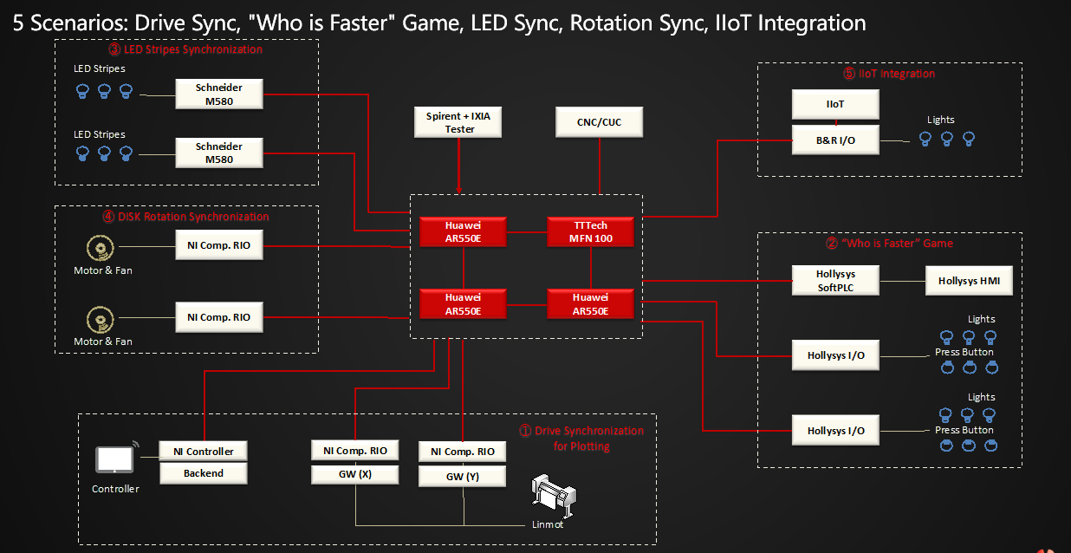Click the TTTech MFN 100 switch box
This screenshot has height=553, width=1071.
coord(590,232)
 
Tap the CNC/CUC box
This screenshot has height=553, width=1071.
coord(600,122)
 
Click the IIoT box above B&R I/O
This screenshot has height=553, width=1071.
coord(835,104)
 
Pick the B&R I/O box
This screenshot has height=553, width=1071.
coord(835,140)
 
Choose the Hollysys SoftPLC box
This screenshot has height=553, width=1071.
coord(835,281)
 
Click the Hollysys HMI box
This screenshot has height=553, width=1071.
coord(968,281)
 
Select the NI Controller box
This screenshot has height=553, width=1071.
coord(204,451)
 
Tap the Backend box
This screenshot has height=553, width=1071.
coord(204,473)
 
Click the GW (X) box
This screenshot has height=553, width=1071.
coord(355,474)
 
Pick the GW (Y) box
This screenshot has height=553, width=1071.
coord(462,476)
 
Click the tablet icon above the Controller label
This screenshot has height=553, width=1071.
coord(113,460)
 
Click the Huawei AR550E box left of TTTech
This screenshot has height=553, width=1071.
coord(464,232)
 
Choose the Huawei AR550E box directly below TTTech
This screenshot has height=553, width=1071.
coord(590,303)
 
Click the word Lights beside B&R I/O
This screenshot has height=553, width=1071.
coord(940,120)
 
